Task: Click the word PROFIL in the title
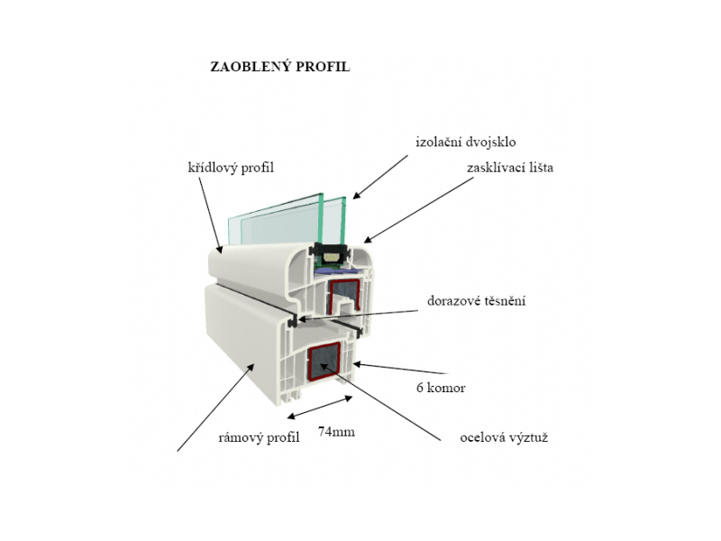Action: pos(323,67)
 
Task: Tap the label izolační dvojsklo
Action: pos(466,142)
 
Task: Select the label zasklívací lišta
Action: pos(510,168)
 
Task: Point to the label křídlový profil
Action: pos(231,168)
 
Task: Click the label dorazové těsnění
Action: pos(477,301)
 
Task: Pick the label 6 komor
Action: pos(441,388)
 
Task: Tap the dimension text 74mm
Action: pos(336,432)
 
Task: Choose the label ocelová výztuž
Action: pos(504,437)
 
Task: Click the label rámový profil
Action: pos(259,437)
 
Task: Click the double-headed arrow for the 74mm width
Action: pos(320,408)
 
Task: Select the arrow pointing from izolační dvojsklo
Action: pos(380,177)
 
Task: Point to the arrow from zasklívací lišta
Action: pos(418,210)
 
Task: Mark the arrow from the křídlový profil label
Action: pos(210,215)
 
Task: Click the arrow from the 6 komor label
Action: pos(399,369)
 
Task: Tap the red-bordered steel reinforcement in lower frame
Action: pos(324,362)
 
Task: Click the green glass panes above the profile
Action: pos(287,221)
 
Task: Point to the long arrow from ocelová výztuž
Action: pos(380,401)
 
